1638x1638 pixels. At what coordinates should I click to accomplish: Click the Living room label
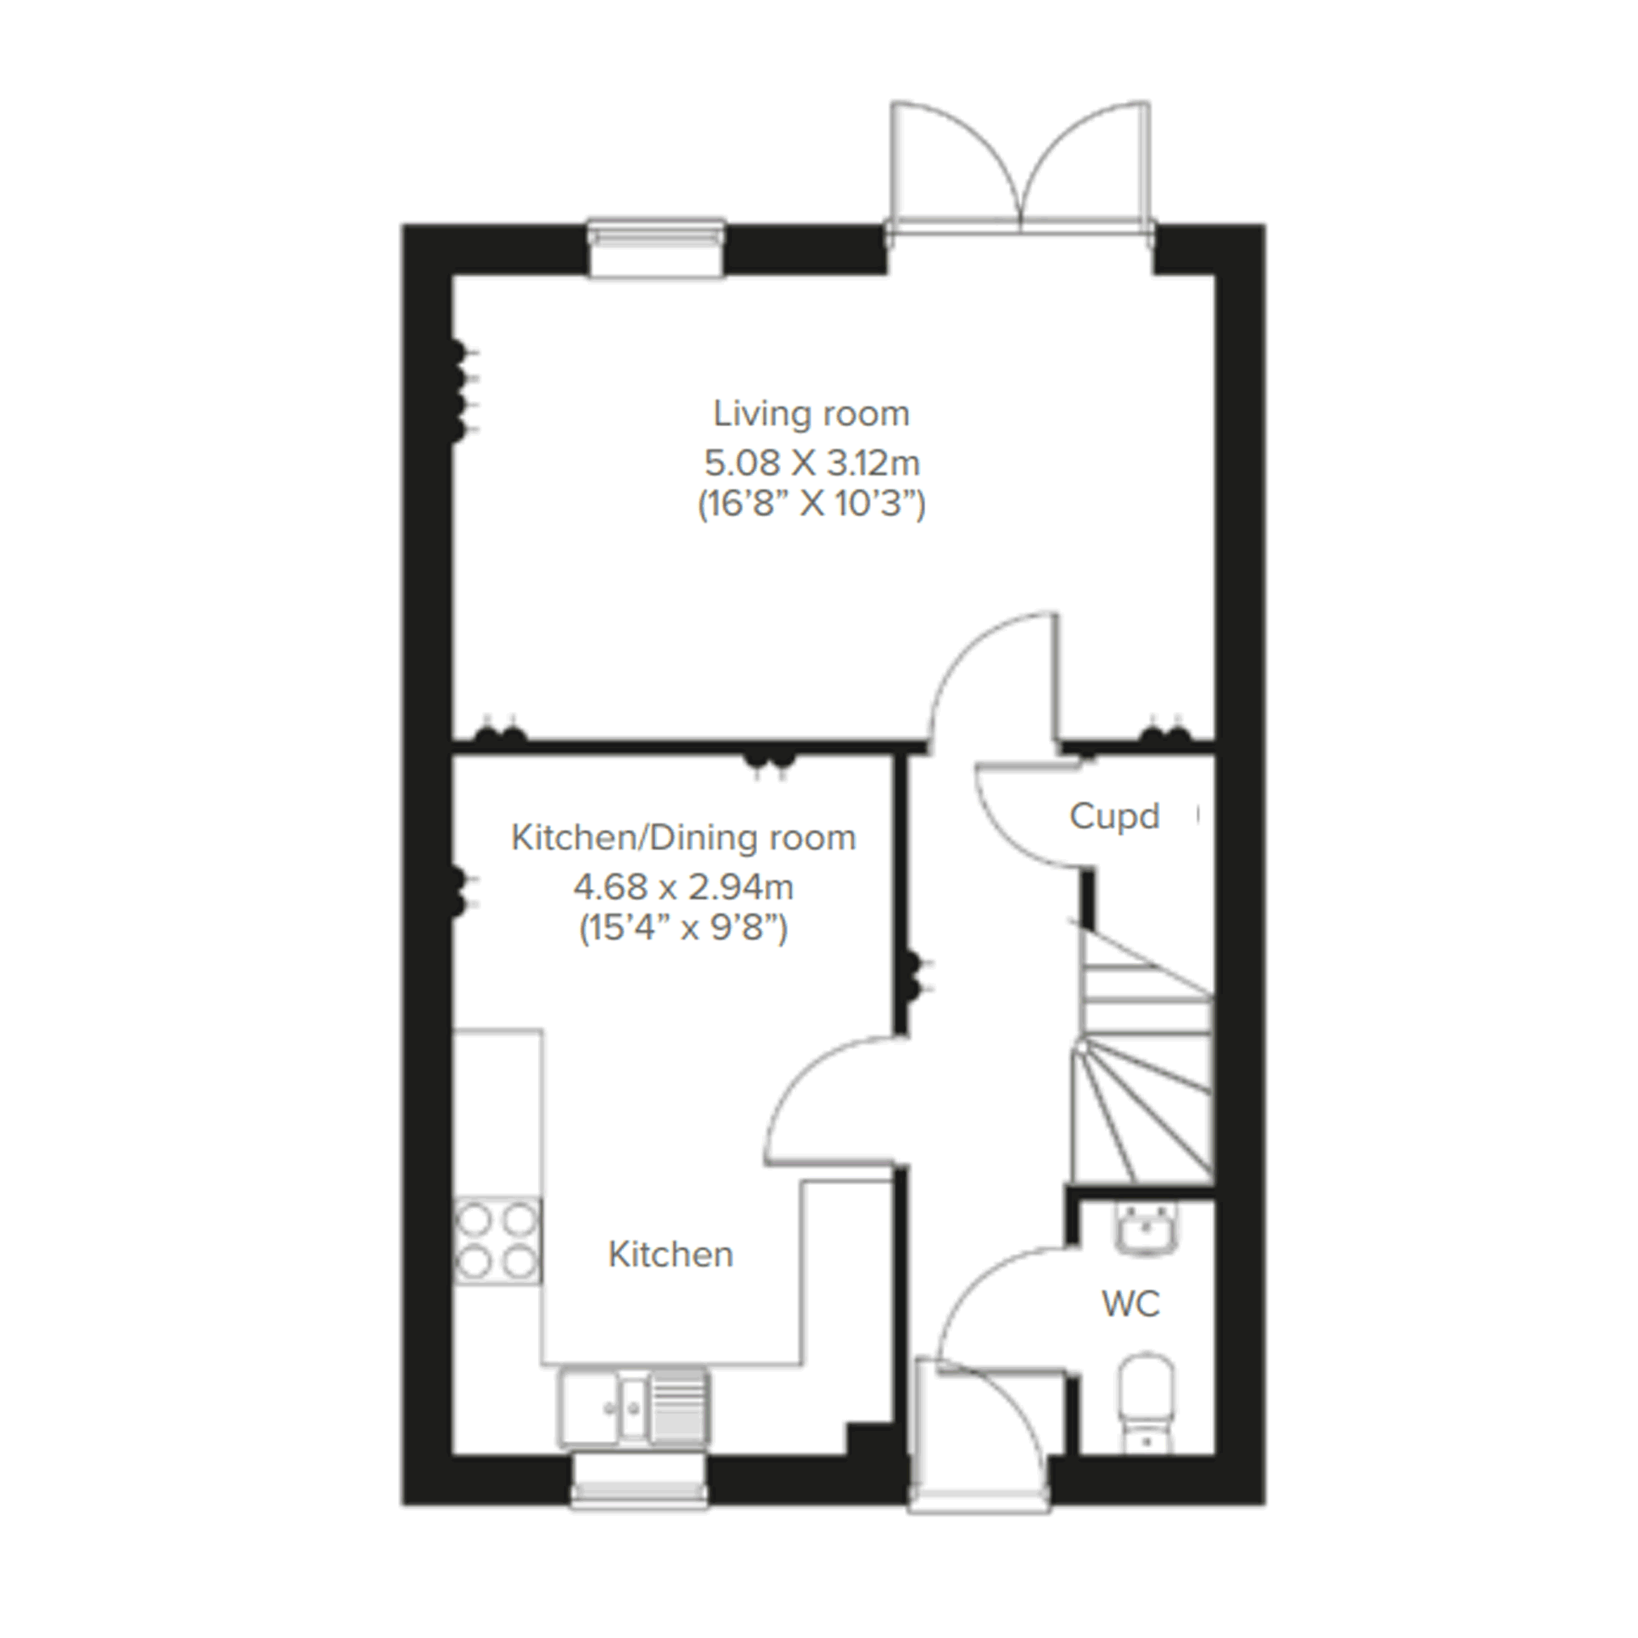(811, 413)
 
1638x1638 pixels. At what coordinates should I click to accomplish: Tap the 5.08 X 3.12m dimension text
(812, 463)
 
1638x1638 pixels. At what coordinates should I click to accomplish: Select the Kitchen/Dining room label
(684, 838)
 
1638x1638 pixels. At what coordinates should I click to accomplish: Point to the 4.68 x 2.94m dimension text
(684, 887)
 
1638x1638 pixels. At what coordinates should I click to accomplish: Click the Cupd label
(1114, 816)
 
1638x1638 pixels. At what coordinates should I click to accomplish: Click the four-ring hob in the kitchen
(497, 1240)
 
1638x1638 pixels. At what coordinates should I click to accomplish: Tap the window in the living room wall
(657, 248)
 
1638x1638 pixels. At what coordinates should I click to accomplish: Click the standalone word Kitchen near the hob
(671, 1255)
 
